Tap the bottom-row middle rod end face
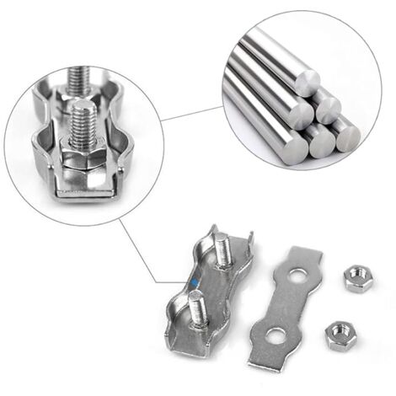click(319, 143)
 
